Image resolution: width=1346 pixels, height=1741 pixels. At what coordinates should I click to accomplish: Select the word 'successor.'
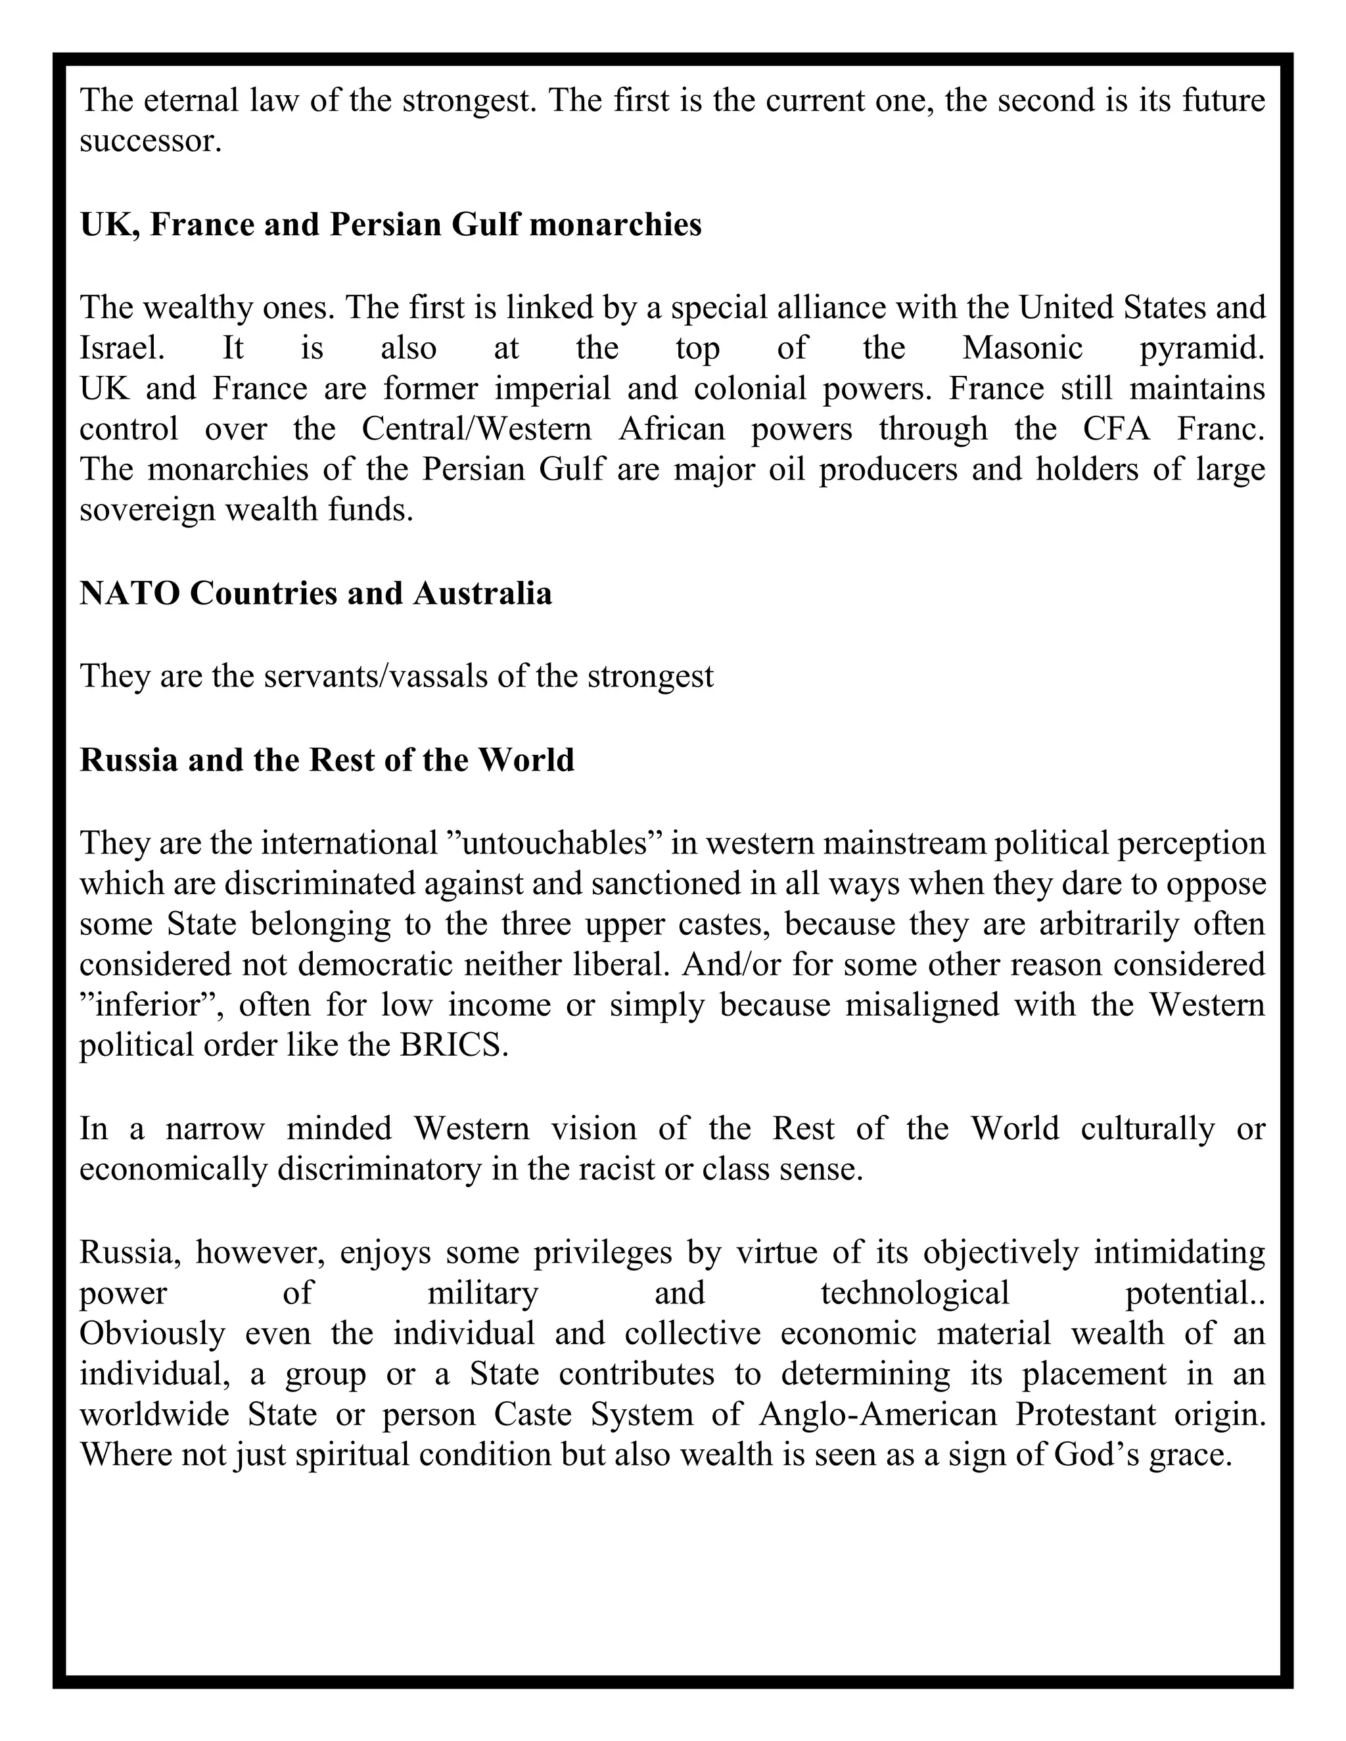pos(150,141)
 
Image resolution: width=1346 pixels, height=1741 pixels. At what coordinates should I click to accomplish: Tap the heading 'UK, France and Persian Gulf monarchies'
pos(391,225)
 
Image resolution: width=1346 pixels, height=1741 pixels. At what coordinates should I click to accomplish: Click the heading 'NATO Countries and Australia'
pos(315,593)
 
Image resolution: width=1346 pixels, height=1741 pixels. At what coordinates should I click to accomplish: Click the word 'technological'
pos(916,1292)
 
